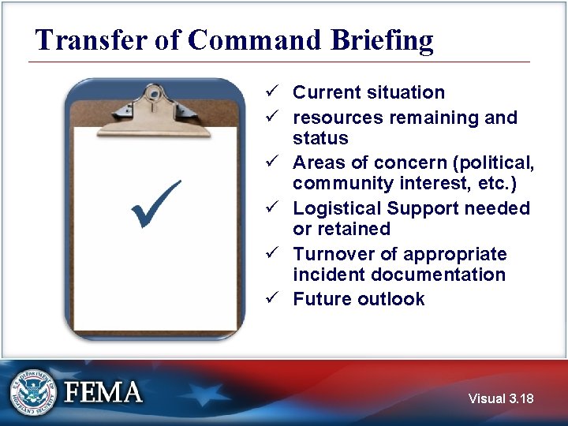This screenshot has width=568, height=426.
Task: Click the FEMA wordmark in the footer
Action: [103, 392]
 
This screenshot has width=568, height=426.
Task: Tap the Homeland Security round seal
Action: [33, 392]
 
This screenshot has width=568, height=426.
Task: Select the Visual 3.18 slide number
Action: [500, 399]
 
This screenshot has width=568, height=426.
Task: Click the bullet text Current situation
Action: [368, 92]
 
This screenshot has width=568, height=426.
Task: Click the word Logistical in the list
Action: [337, 209]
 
